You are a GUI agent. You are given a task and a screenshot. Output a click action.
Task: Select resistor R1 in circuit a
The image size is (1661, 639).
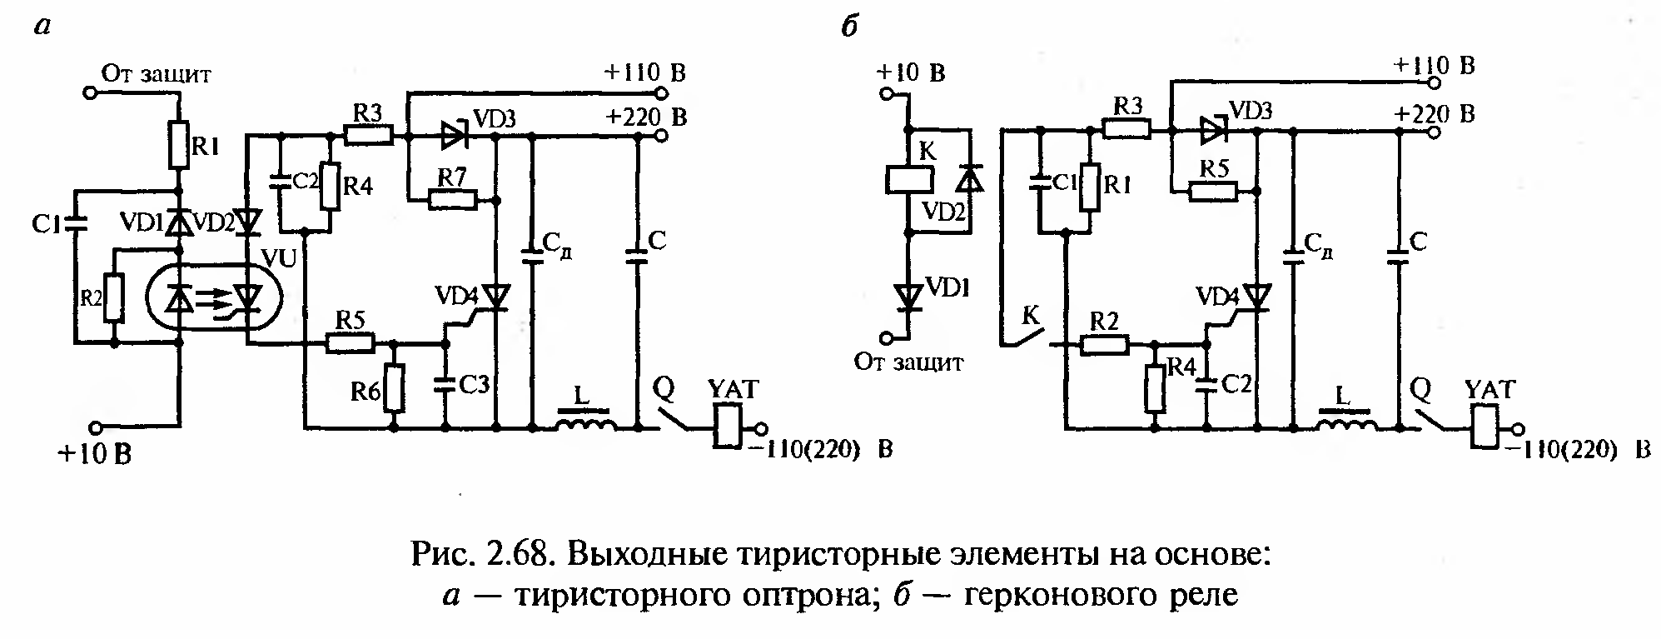[178, 145]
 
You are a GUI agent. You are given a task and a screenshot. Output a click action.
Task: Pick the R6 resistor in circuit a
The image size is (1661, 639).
[394, 388]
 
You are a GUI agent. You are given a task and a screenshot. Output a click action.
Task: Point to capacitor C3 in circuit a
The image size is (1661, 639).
[445, 384]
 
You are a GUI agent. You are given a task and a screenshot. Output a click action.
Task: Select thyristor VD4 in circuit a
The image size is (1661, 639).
[497, 296]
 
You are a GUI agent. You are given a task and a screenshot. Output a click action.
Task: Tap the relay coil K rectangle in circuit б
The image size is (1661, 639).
[908, 178]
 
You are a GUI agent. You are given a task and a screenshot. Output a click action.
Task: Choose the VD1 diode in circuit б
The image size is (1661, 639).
[909, 295]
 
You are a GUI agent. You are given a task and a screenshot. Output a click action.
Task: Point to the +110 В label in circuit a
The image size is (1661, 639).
[644, 72]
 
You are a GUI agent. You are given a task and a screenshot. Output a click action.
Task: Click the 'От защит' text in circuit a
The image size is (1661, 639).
[157, 74]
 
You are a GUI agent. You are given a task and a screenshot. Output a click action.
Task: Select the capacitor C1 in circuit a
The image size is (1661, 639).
[75, 222]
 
